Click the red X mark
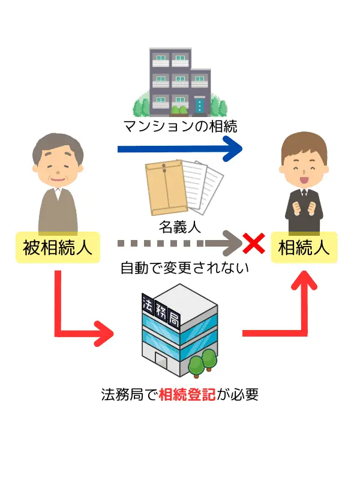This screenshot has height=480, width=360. (253, 244)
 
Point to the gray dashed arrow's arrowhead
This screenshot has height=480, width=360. (230, 244)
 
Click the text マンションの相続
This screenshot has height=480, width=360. (181, 127)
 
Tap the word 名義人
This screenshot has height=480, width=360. (179, 227)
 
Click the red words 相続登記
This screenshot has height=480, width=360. (187, 395)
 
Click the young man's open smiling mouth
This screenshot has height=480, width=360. (304, 176)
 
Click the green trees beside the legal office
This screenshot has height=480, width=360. (202, 360)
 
